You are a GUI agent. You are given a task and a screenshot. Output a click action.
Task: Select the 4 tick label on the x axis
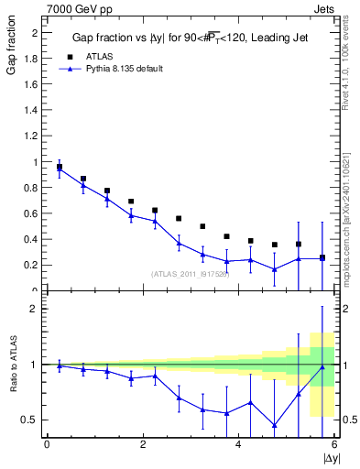(238, 445)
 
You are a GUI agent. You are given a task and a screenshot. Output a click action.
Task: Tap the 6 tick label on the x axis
(333, 445)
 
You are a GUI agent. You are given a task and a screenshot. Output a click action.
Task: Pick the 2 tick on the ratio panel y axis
(36, 309)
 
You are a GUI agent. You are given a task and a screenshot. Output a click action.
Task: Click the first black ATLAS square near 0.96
(60, 168)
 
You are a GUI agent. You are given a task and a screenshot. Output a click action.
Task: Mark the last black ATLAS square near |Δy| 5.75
(322, 258)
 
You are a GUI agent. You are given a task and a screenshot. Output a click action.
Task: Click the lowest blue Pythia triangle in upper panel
(275, 269)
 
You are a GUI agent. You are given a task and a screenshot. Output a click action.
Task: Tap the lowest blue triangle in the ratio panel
(275, 425)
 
